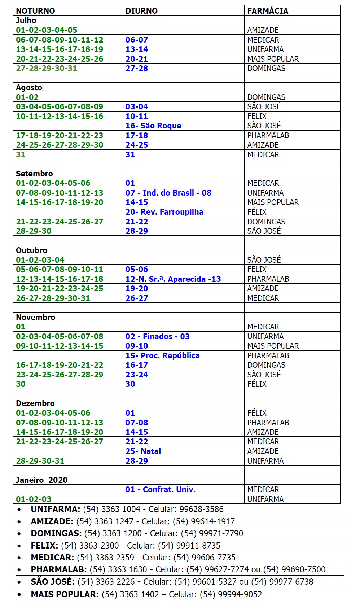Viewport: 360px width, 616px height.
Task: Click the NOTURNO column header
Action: pos(35,11)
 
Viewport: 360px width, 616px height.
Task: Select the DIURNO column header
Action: pos(141,11)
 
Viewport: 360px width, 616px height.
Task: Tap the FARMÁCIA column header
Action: pos(268,11)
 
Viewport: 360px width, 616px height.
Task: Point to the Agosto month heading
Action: pos(29,87)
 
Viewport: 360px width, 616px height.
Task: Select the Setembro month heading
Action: pos(34,174)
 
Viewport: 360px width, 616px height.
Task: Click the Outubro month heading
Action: pos(31,250)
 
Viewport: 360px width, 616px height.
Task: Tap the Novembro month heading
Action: pos(35,317)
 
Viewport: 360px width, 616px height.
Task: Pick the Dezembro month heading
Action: pos(35,403)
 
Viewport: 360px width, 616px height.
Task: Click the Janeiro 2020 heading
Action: pos(41,480)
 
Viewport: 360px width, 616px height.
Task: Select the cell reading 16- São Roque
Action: pos(153,126)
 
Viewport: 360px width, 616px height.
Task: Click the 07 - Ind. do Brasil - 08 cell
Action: pos(168,193)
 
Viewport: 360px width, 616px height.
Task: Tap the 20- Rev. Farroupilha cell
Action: pos(164,212)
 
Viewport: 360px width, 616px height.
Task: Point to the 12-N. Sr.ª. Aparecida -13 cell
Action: pos(173,279)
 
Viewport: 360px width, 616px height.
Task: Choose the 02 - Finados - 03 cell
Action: pos(158,336)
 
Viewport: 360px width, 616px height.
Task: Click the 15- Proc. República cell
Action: pos(162,355)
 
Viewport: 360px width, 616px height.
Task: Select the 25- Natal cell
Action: pos(143,451)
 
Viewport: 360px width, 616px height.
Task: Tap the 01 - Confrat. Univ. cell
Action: pos(161,489)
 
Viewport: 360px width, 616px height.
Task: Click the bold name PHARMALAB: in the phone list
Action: pos(59,569)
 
